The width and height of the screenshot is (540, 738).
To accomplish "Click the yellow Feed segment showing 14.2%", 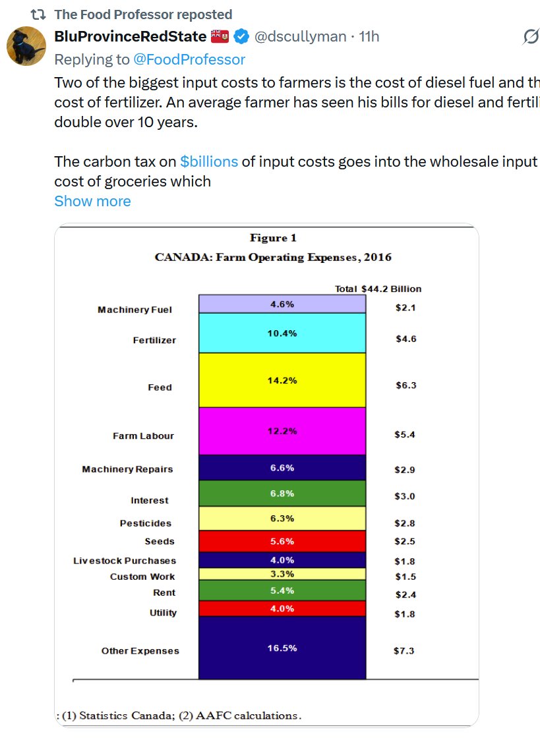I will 282,380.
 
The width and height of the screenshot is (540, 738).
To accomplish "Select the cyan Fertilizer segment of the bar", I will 282,333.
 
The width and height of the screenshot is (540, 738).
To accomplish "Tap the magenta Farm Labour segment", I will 282,431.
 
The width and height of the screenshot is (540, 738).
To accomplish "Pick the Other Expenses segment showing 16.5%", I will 282,648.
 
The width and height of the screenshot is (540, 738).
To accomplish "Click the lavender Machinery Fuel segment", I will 282,304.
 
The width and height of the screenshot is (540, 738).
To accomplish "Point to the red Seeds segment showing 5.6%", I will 282,540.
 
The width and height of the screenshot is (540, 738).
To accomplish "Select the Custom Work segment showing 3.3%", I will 282,574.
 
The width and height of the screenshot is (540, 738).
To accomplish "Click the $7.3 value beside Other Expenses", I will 404,651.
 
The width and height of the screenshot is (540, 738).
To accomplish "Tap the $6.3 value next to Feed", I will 405,385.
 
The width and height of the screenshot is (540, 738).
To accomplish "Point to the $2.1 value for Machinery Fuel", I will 405,308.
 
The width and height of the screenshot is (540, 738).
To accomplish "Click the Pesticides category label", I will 145,523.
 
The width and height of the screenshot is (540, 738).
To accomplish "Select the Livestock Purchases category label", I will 125,561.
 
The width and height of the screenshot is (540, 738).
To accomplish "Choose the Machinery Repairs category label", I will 127,469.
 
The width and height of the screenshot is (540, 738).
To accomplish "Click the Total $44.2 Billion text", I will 378,289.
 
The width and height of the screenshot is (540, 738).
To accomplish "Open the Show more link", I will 92,201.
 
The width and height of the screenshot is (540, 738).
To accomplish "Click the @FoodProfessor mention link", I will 189,59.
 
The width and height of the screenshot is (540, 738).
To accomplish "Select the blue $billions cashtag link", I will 208,161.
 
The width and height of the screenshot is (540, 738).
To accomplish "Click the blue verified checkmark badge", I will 240,36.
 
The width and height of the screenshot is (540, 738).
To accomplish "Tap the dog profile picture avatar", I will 26,47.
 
